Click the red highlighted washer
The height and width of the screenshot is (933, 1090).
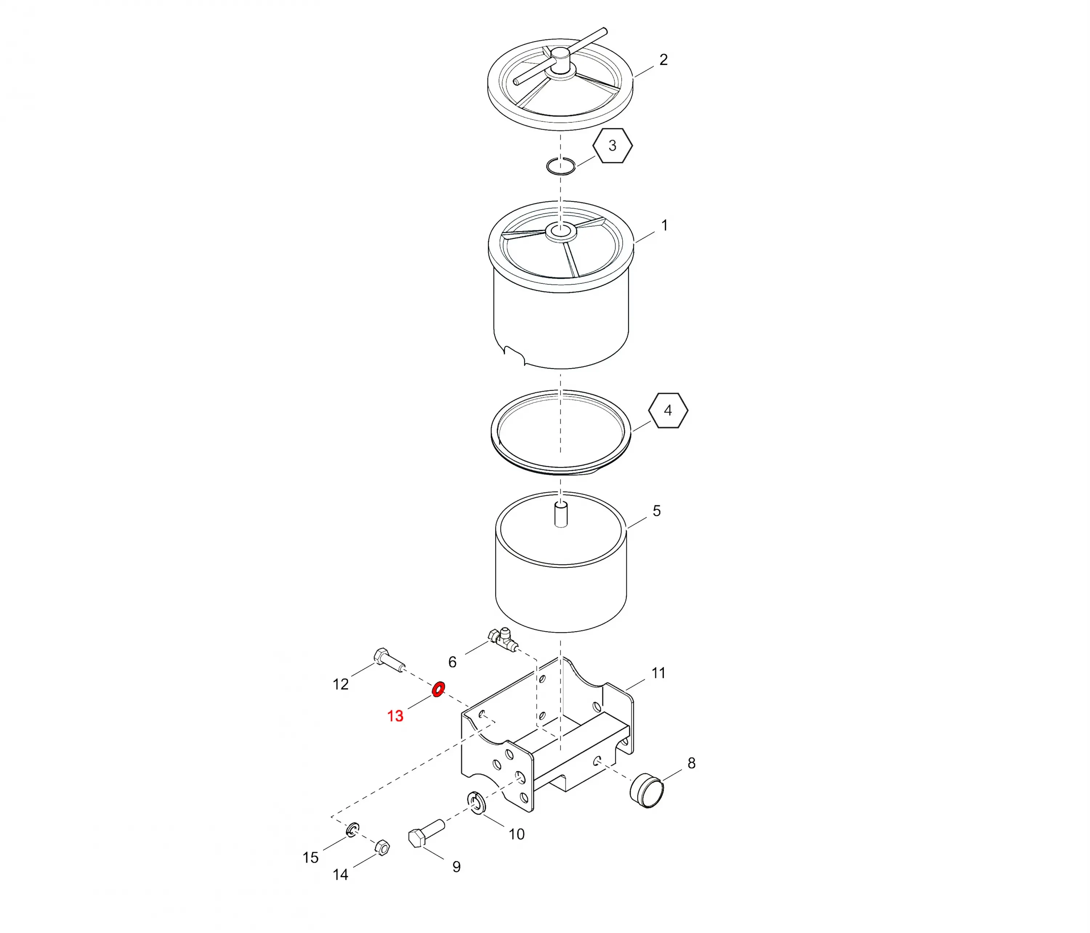pos(438,688)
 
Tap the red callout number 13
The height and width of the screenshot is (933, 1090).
pos(395,716)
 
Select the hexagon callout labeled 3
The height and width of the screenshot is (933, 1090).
pos(612,146)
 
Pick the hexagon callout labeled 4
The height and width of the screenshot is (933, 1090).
pos(668,410)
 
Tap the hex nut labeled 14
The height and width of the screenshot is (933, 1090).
pos(382,847)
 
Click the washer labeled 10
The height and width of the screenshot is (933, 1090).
pos(476,803)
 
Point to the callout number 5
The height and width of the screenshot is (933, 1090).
pos(657,511)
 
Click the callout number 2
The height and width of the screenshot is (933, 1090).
pos(663,60)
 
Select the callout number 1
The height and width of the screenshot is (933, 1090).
pos(665,226)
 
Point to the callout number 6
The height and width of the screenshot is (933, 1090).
pos(452,662)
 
